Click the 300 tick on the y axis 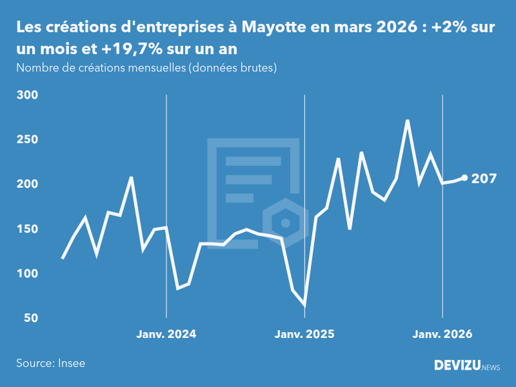[x=28, y=95]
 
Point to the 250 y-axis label [x=28, y=139]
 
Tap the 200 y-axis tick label [x=28, y=184]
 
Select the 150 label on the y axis [x=28, y=229]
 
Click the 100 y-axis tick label [x=28, y=273]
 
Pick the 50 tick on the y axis [x=30, y=318]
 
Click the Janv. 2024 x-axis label [x=166, y=334]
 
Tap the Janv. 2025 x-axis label [x=304, y=334]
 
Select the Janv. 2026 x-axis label [x=442, y=334]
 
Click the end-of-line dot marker [x=465, y=178]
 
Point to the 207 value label [x=484, y=179]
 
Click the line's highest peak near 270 [x=408, y=120]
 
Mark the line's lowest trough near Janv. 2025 [x=304, y=304]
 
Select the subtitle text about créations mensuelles [x=146, y=68]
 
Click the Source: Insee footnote [x=51, y=363]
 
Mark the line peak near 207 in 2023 [x=132, y=177]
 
